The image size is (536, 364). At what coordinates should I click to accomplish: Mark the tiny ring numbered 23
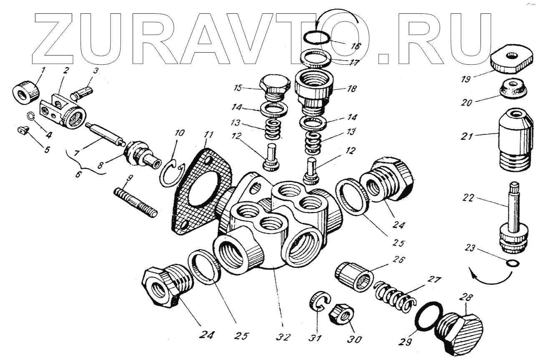(512, 263)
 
